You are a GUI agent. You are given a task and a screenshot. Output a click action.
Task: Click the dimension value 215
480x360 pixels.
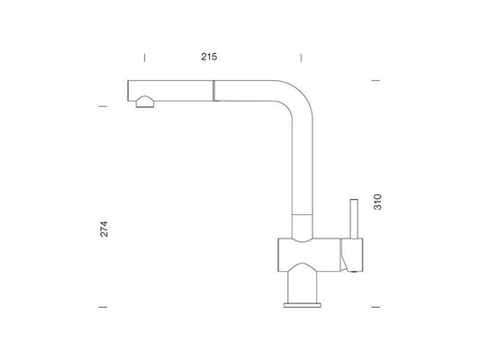pyautogui.click(x=209, y=57)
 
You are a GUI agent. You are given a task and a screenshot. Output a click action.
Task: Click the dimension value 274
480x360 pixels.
pyautogui.click(x=104, y=229)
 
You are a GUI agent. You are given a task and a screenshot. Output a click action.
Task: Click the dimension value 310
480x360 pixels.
pyautogui.click(x=377, y=202)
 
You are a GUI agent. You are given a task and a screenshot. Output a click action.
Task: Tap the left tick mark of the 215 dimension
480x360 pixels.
pyautogui.click(x=144, y=58)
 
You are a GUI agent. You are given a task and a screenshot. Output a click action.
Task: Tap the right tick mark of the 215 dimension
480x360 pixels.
pyautogui.click(x=301, y=58)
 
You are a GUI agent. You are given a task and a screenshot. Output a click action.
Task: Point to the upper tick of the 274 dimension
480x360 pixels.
pyautogui.click(x=103, y=106)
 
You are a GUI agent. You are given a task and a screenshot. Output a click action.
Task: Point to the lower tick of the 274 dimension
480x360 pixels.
pyautogui.click(x=103, y=307)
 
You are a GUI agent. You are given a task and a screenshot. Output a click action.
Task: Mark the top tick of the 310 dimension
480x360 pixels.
pyautogui.click(x=376, y=80)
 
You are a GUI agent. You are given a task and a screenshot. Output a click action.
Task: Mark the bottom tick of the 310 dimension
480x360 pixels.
pyautogui.click(x=376, y=307)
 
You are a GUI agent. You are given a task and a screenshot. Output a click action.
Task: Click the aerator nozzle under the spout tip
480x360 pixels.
pyautogui.click(x=145, y=103)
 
